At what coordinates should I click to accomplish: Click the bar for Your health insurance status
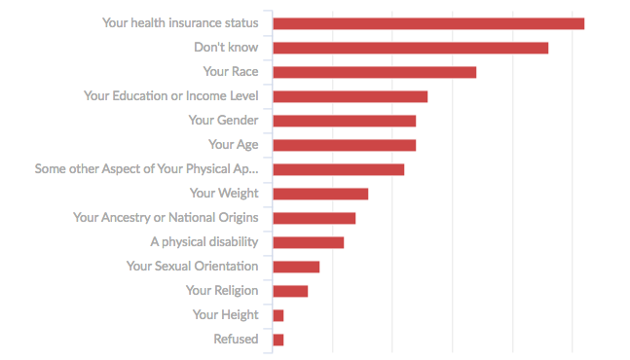coord(428,23)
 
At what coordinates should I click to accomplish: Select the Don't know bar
coord(410,48)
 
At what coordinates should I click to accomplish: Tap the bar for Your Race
coord(374,72)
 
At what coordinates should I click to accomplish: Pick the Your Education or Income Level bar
coord(350,96)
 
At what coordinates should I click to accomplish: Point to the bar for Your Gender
coord(344,121)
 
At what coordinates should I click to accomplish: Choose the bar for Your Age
coord(344,145)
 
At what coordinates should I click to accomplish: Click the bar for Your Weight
coord(320,194)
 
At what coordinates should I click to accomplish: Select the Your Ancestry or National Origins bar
coord(314,218)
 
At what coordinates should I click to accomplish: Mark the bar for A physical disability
coord(308,242)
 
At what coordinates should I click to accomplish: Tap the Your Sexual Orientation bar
coord(296,267)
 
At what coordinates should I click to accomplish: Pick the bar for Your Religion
coord(290,291)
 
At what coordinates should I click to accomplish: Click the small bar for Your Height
coord(278,315)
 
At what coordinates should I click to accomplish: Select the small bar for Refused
coord(278,340)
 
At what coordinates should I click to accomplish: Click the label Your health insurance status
coord(180,22)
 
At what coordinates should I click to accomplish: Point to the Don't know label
coord(226,47)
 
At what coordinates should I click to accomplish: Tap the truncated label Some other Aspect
coord(146,168)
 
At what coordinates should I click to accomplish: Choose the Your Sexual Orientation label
coord(192,266)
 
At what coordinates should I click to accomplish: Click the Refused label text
coord(236,339)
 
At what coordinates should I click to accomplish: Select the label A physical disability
coord(204,241)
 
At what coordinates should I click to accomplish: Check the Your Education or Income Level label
coord(170,95)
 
